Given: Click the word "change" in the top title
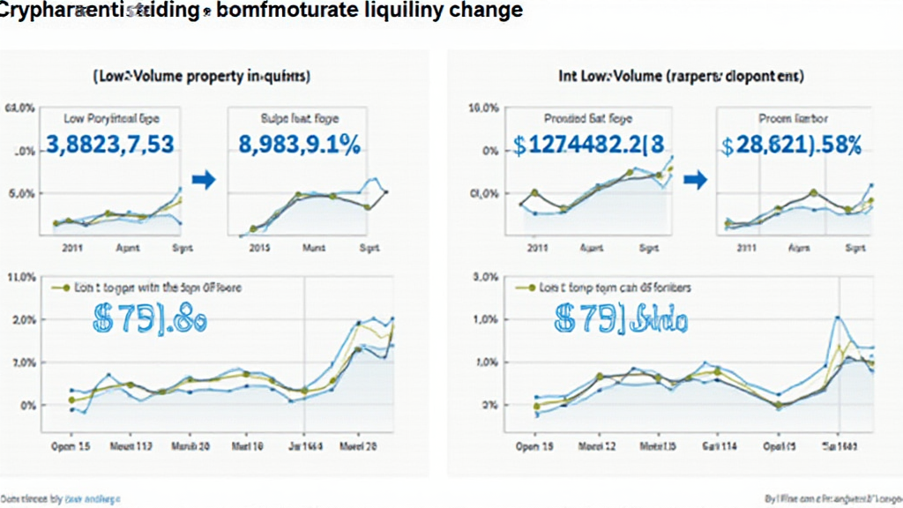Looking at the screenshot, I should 483,11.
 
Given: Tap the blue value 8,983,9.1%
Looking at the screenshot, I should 299,145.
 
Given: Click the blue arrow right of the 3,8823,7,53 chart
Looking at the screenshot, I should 204,180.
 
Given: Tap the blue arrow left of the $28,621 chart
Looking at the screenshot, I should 696,180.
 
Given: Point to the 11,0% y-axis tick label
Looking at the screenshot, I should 20,277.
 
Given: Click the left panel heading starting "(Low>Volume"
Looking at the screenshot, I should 201,77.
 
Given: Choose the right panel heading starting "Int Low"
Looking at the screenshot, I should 681,77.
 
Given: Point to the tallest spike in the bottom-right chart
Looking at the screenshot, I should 837,317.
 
